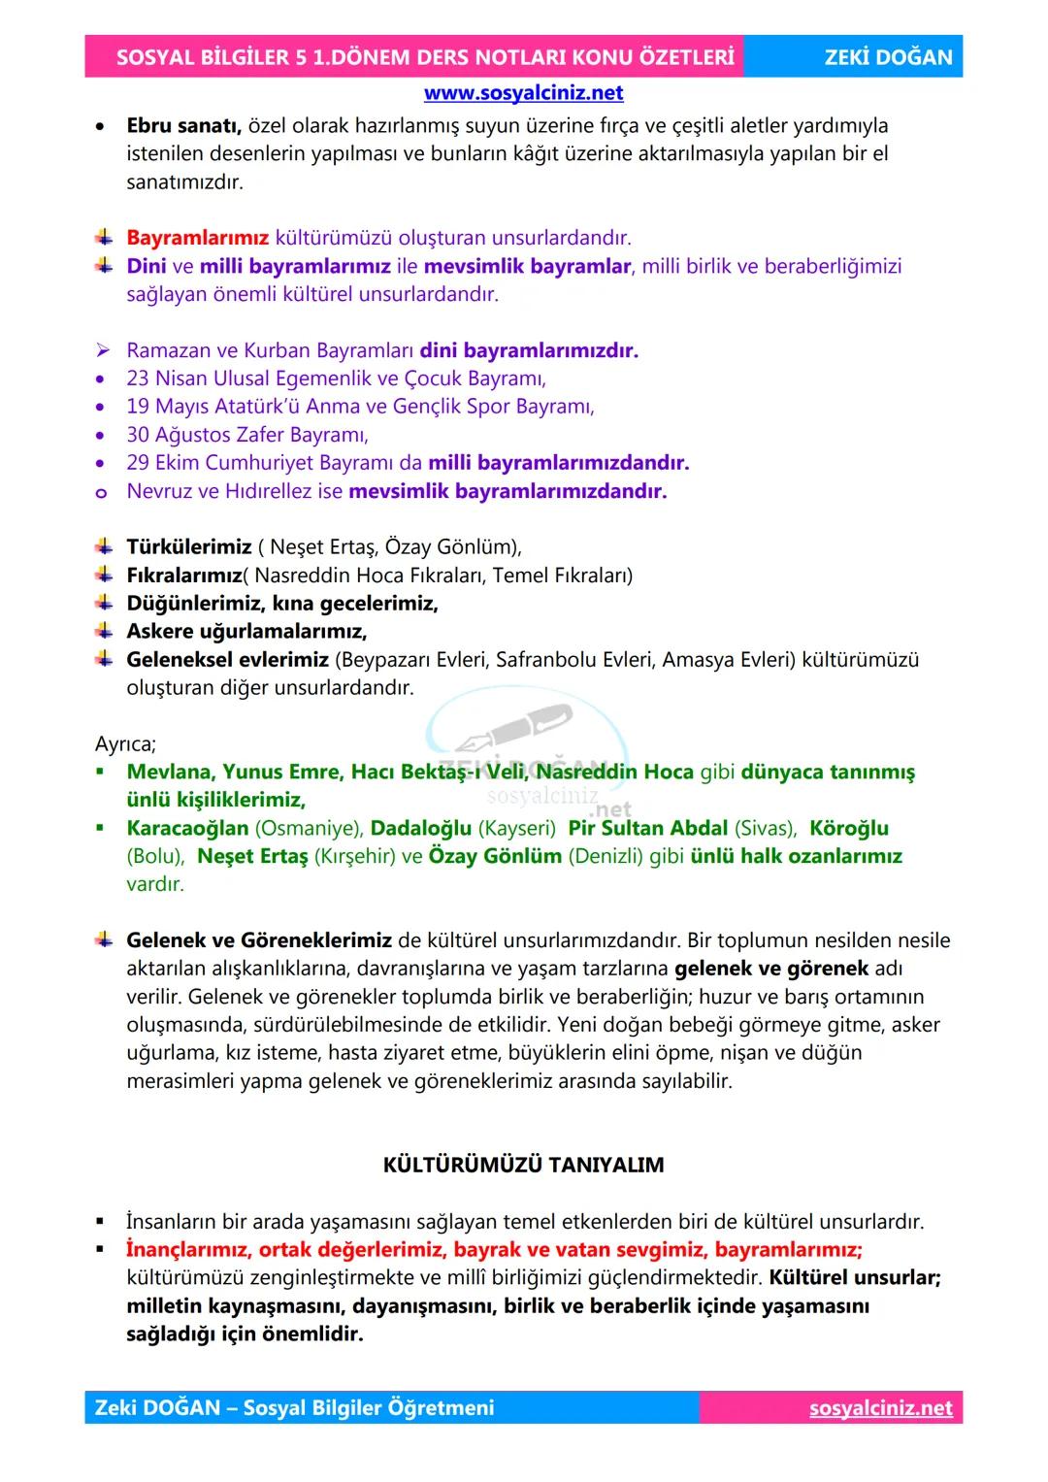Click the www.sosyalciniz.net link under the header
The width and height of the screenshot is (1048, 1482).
tap(523, 93)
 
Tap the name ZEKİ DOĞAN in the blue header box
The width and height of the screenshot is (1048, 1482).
tap(888, 57)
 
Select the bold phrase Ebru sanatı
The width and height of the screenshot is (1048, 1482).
tap(183, 126)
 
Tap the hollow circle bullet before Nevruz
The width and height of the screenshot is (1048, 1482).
tap(101, 492)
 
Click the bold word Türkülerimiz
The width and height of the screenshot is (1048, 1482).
tap(189, 547)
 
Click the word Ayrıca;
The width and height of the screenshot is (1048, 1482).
tap(125, 744)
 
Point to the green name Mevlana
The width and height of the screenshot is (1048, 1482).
tap(169, 773)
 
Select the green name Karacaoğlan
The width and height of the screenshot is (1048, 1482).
tap(187, 829)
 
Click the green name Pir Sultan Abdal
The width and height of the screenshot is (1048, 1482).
tap(647, 829)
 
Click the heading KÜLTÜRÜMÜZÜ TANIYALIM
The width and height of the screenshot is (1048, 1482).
tap(523, 1165)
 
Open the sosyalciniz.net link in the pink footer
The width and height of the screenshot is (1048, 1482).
tap(880, 1408)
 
